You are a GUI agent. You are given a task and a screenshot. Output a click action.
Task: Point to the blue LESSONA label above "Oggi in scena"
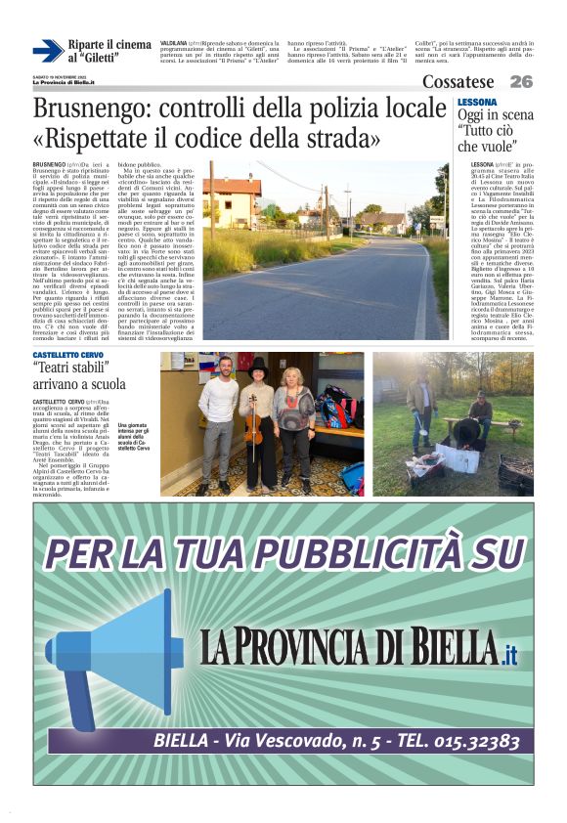click(x=476, y=102)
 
